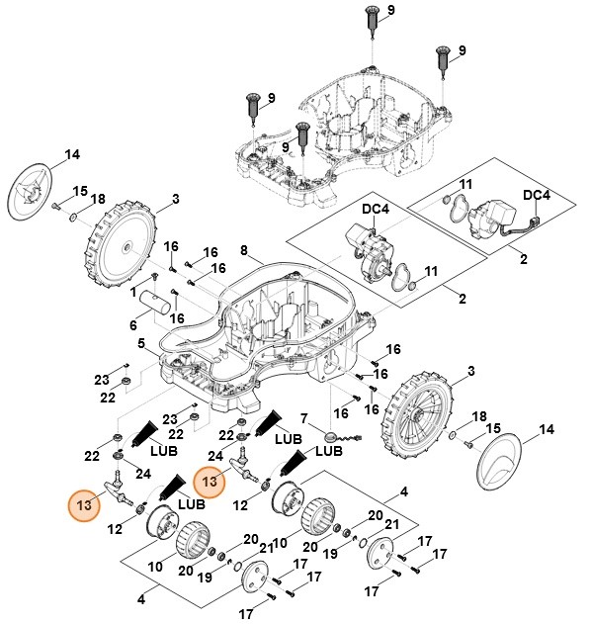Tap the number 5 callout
(x=142, y=343)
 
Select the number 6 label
(x=132, y=326)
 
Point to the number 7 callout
(x=305, y=419)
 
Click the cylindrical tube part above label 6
(x=158, y=301)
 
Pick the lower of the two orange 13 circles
(x=84, y=503)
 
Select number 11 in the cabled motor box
(x=465, y=184)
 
